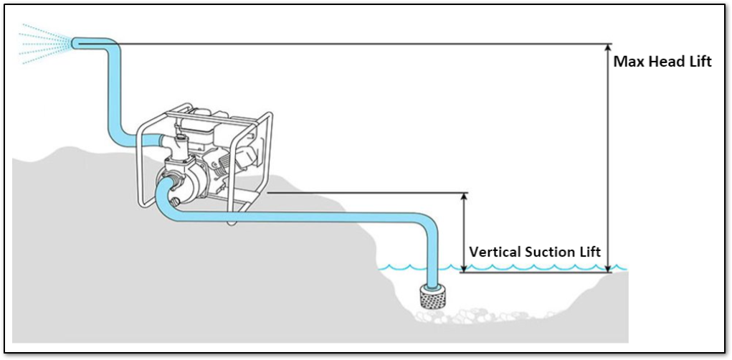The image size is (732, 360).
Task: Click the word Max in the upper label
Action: point(626,62)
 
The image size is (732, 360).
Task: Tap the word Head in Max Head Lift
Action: point(658,62)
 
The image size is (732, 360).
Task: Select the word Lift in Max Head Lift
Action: point(696,62)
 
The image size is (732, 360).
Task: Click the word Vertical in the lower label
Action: point(494,252)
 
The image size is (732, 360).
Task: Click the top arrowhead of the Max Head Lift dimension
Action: point(607,49)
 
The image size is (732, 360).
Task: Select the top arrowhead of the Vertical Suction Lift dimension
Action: point(464,197)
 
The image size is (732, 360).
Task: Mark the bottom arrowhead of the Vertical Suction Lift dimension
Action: point(464,267)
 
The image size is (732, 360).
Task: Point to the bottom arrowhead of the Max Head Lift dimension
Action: point(607,267)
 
